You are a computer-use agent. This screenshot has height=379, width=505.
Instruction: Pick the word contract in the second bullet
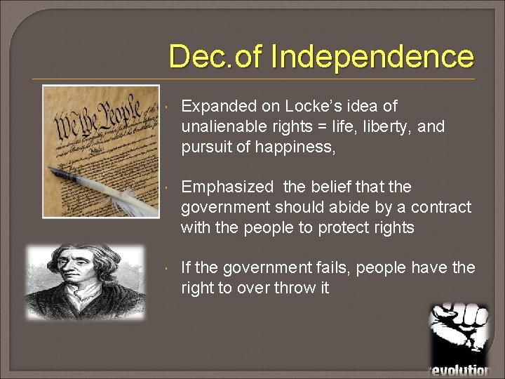pyautogui.click(x=442, y=207)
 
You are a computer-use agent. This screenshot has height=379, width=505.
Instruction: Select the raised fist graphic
pyautogui.click(x=460, y=330)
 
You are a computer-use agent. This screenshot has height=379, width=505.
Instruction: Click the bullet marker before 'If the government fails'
pyautogui.click(x=163, y=269)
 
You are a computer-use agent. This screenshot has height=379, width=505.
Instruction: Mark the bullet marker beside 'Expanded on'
pyautogui.click(x=163, y=107)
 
